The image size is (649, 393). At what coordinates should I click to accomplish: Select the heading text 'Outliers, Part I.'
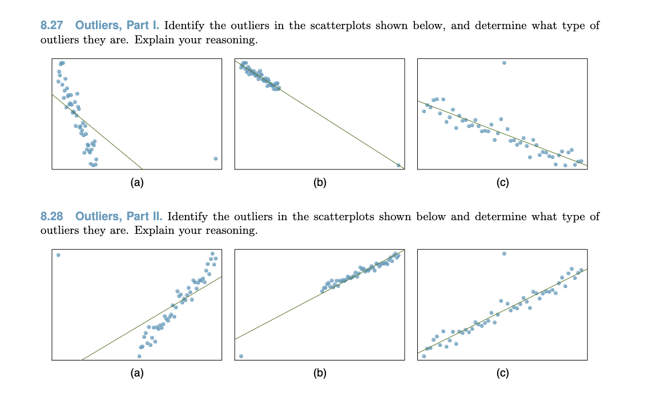click(118, 26)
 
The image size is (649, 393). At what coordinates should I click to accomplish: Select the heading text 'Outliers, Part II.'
click(119, 217)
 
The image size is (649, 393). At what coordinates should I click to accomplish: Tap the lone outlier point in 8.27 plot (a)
click(215, 159)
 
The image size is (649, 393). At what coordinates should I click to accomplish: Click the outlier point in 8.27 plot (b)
click(398, 165)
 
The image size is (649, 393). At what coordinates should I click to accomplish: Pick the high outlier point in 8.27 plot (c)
click(504, 63)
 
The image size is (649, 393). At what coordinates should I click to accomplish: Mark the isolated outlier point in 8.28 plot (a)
click(58, 255)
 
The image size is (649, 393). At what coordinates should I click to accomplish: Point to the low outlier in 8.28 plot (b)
click(241, 356)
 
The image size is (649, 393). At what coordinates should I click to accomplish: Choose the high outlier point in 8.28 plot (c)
click(504, 253)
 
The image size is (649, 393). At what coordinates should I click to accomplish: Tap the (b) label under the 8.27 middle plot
click(320, 183)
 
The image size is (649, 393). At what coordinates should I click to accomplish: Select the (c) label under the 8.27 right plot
click(502, 183)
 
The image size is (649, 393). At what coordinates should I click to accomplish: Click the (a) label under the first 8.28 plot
click(136, 374)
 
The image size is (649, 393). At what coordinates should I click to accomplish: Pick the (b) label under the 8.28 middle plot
click(320, 374)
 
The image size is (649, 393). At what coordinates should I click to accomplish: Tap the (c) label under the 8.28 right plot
click(502, 374)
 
